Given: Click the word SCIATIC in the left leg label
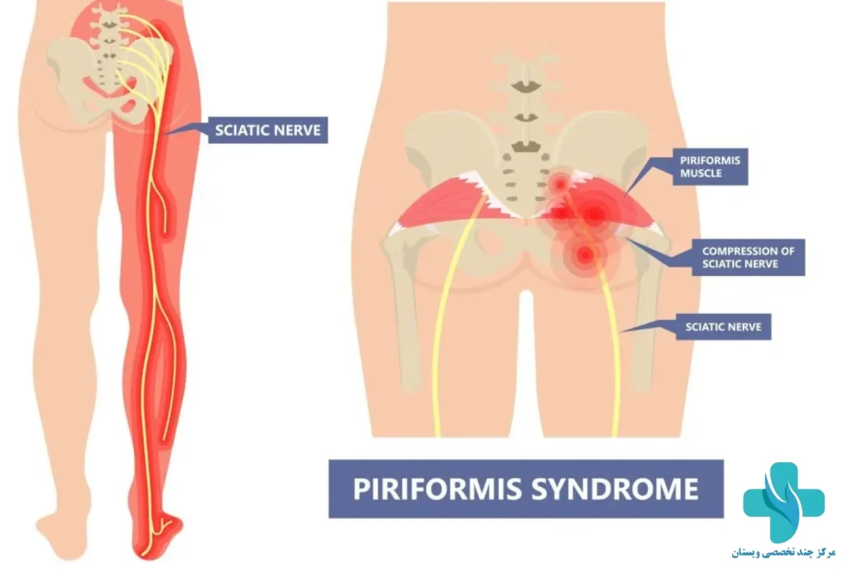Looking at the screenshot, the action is tap(240, 130).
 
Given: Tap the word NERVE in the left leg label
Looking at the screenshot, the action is tap(295, 130).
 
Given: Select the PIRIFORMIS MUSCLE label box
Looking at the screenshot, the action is tap(710, 167).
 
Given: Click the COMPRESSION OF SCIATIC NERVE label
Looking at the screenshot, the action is tap(748, 258).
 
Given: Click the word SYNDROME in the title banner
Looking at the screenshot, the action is tap(615, 488).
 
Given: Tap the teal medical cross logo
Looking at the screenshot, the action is tap(783, 502).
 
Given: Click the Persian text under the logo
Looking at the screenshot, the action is tap(783, 553).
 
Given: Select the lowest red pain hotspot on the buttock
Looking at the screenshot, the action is tap(583, 254).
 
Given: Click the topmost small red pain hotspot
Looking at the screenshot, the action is tap(560, 184).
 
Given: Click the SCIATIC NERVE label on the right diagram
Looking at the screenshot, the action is tap(723, 327).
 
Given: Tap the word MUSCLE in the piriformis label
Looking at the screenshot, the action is tap(701, 174).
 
